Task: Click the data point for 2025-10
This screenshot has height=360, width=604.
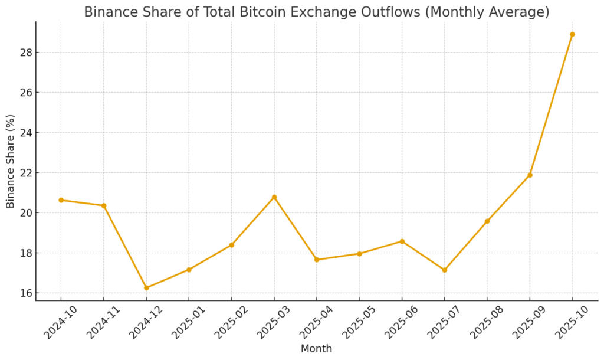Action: [572, 34]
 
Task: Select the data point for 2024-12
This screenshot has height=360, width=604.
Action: [146, 288]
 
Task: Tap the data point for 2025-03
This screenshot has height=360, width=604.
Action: [274, 197]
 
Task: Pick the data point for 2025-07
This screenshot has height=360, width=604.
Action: [444, 270]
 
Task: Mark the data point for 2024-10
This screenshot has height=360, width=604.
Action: [61, 200]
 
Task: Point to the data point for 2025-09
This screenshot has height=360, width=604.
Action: [530, 175]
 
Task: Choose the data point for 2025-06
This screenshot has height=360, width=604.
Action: [402, 241]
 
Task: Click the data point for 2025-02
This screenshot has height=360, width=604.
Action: [231, 245]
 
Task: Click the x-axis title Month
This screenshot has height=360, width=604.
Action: [316, 349]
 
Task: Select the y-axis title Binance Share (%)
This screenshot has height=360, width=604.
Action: [11, 161]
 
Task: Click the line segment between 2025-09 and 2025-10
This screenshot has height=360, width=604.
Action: [551, 105]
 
